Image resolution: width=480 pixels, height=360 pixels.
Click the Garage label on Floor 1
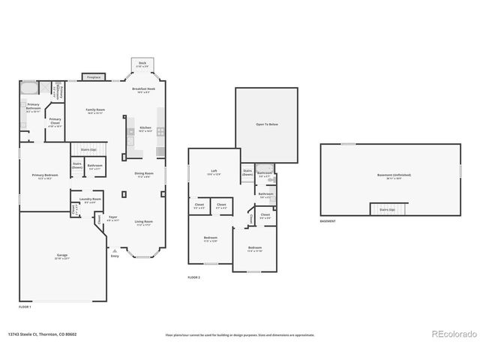(61, 256)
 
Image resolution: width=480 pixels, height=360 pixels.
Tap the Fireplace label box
(94, 76)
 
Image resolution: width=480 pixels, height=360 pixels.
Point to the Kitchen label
(145, 129)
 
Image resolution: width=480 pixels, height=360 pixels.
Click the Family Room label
(94, 111)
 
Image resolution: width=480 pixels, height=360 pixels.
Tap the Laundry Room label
(90, 200)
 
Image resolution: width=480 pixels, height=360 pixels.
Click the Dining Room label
(144, 175)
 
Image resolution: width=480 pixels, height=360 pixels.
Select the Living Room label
(144, 222)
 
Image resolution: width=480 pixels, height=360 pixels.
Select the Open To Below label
(266, 124)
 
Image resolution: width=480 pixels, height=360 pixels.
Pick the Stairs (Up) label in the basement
(388, 209)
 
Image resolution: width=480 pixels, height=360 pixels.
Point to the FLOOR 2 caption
(195, 277)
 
